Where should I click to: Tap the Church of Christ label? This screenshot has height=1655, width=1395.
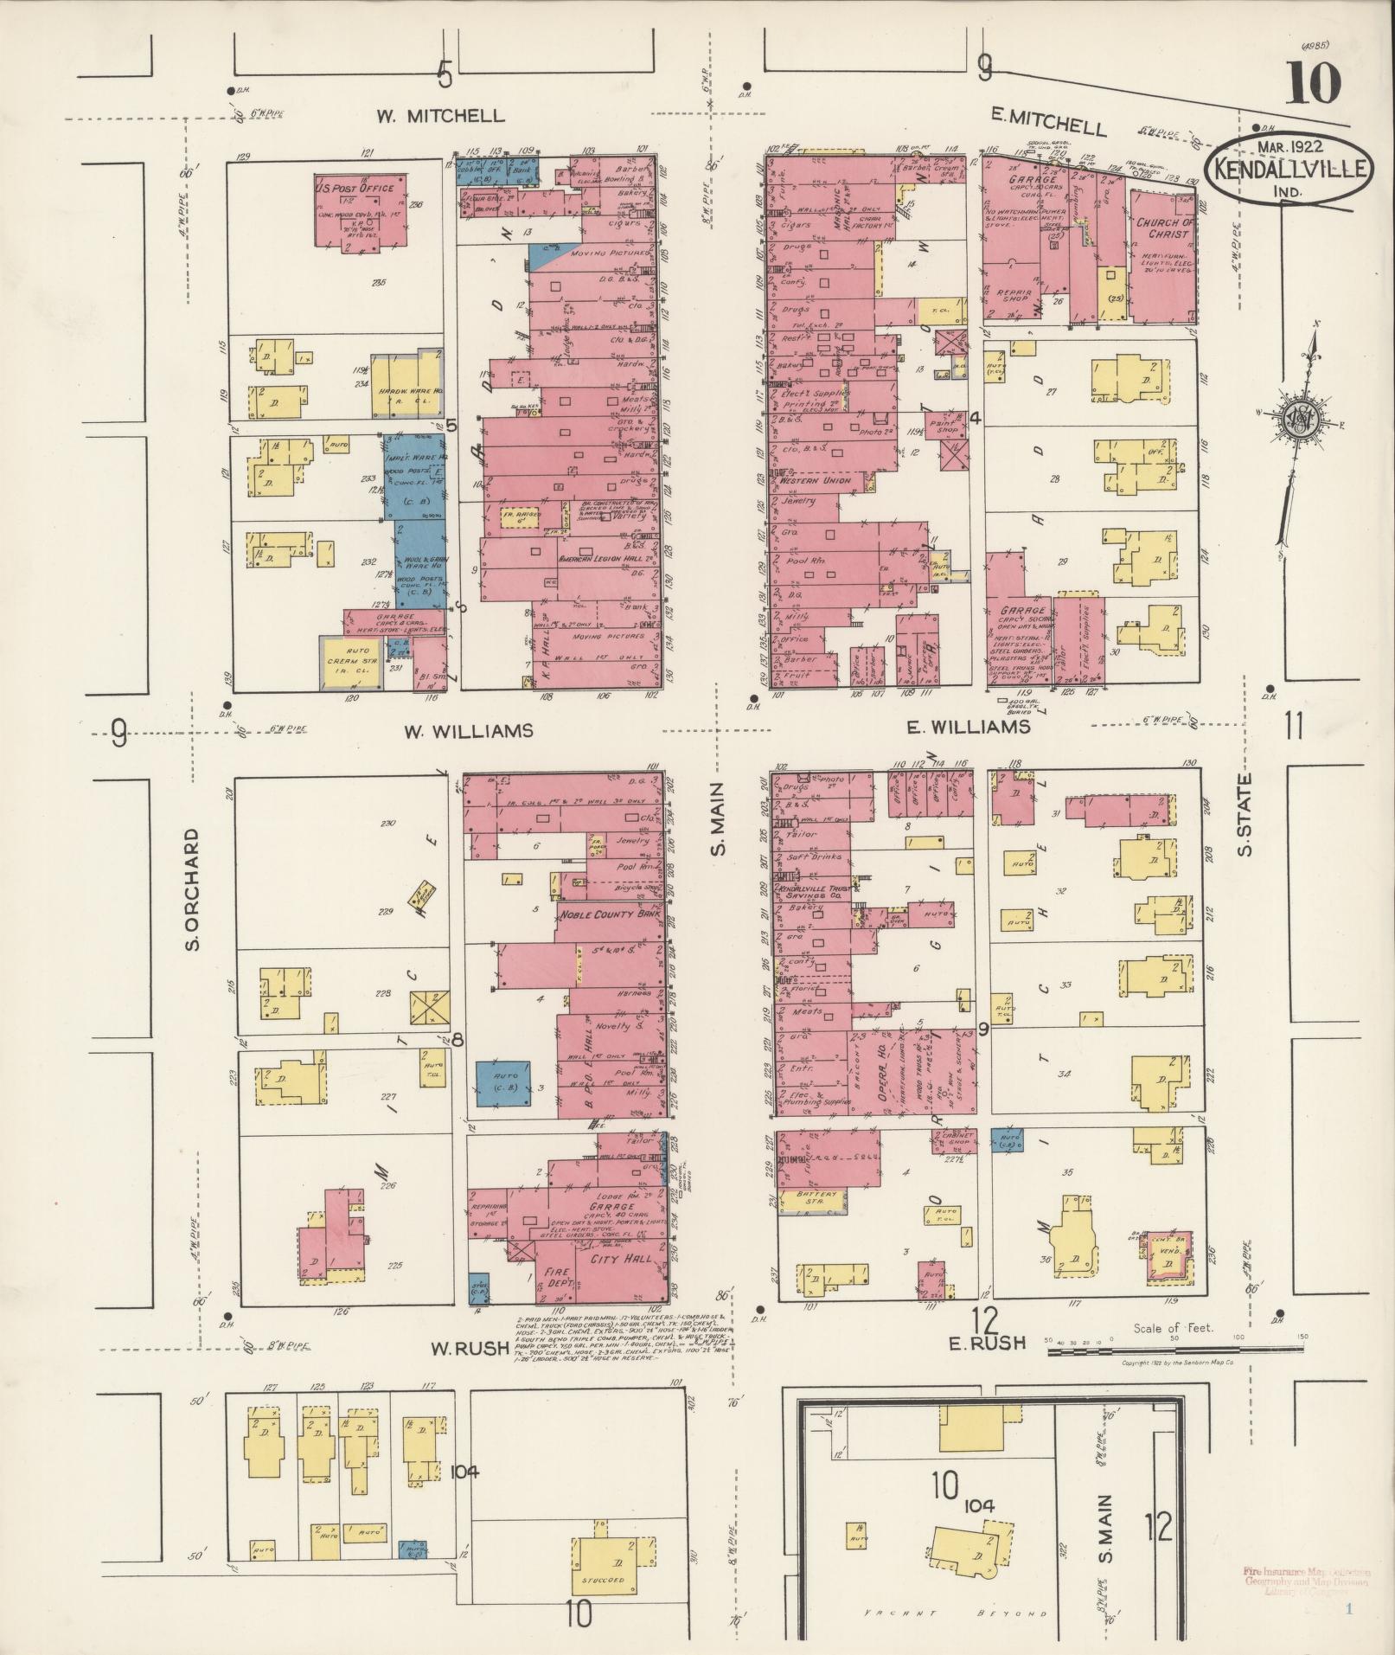coord(1164,228)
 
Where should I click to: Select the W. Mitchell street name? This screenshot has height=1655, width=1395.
coord(440,116)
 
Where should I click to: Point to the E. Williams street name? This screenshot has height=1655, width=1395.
coord(969,728)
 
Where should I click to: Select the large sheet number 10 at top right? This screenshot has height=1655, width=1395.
coord(1312,83)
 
